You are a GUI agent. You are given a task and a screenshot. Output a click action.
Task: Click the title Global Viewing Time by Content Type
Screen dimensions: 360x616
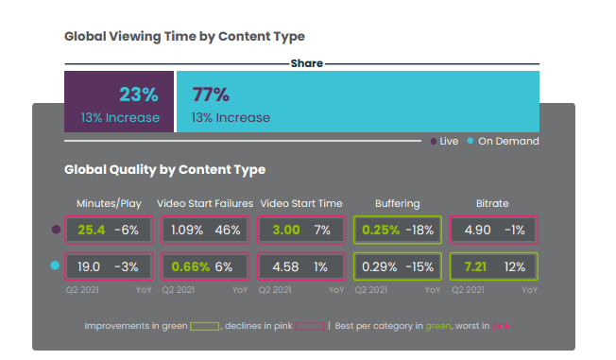click(184, 36)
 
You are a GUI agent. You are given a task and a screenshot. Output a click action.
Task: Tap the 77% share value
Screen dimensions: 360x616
click(211, 94)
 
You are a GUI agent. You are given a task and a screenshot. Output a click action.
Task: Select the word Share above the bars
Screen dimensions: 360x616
click(307, 63)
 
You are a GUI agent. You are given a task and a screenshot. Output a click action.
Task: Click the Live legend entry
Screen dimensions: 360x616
click(444, 141)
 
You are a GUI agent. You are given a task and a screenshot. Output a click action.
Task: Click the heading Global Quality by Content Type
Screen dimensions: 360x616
click(164, 170)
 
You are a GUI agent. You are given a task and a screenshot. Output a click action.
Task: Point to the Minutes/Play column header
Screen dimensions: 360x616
click(110, 203)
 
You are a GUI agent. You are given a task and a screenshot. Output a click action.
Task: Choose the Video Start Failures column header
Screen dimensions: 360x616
click(204, 203)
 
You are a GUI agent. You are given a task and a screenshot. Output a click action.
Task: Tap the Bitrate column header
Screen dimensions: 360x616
click(492, 203)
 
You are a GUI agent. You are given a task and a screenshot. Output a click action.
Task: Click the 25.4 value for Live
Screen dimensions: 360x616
click(92, 229)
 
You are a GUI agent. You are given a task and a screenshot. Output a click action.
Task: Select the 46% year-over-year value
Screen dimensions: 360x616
click(228, 229)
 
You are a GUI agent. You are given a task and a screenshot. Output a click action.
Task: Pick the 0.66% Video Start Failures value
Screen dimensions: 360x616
click(190, 266)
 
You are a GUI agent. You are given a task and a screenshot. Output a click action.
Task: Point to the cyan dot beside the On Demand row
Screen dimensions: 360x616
click(55, 266)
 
